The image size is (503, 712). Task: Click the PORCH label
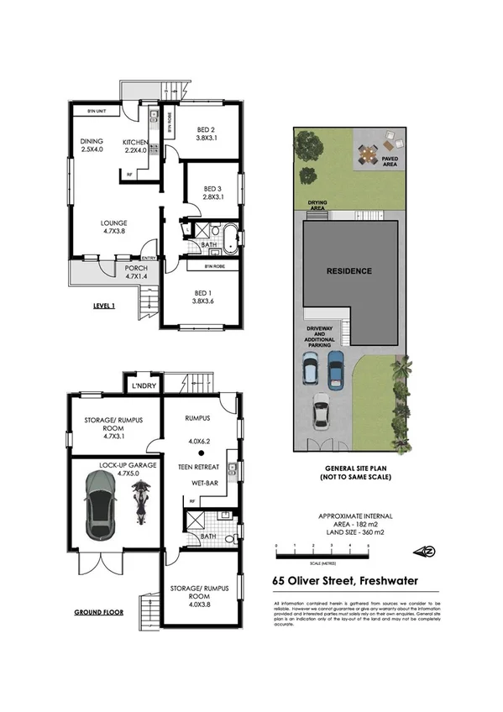click(113, 270)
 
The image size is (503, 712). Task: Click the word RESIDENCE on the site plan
click(349, 271)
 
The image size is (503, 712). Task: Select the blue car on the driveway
click(336, 366)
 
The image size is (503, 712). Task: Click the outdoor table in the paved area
click(367, 154)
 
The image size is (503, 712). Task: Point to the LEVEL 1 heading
click(105, 306)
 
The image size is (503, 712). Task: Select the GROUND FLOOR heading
click(100, 612)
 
